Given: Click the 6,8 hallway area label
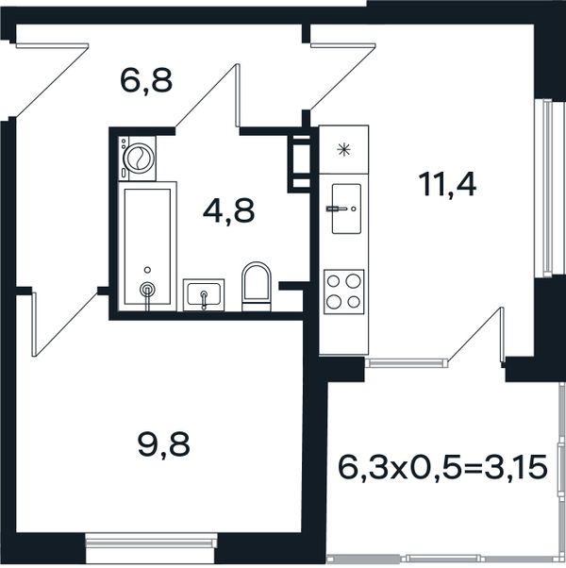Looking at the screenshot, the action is coord(146,82).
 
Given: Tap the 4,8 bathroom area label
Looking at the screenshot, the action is coord(229,211).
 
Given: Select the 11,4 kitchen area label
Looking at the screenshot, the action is coord(447,186).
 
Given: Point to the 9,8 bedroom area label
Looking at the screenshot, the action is coord(164,445).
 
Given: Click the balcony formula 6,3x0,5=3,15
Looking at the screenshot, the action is coord(442,467).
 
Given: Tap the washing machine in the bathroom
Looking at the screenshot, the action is coord(137,159).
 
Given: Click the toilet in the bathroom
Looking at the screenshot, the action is coord(257,286).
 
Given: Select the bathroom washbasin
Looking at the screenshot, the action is coord(204,294).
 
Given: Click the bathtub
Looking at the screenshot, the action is coord(147,246).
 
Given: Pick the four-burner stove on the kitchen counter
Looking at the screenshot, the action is coord(343,292).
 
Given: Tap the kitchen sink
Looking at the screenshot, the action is coord(346,209).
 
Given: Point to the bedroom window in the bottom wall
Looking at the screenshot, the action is coord(151,543).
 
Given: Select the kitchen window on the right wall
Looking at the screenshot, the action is coord(544,189).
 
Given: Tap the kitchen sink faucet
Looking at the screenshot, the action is coord(337,209).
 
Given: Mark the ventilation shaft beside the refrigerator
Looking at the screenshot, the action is coord(299,164).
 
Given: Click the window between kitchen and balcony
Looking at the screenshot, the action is coord(407,362).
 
